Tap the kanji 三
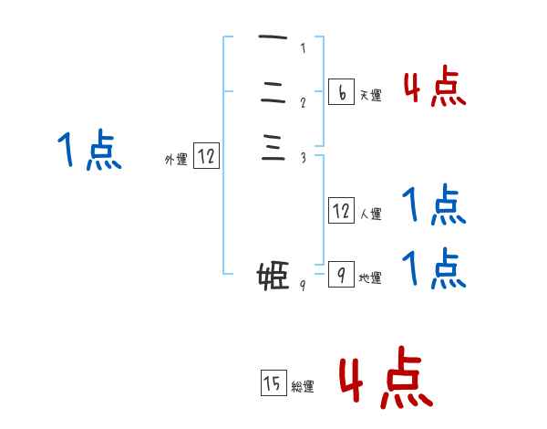tap(273, 147)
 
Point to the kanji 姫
tap(273, 275)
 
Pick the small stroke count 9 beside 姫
tap(303, 285)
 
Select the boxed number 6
tap(341, 92)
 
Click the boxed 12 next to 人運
tap(341, 211)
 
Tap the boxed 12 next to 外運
tap(206, 157)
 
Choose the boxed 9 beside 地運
tap(341, 275)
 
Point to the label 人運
tap(370, 214)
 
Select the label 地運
tap(370, 278)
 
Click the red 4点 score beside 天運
tap(435, 88)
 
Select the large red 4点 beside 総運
tap(386, 377)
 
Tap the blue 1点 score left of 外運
tap(89, 151)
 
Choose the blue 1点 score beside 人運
tap(435, 205)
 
